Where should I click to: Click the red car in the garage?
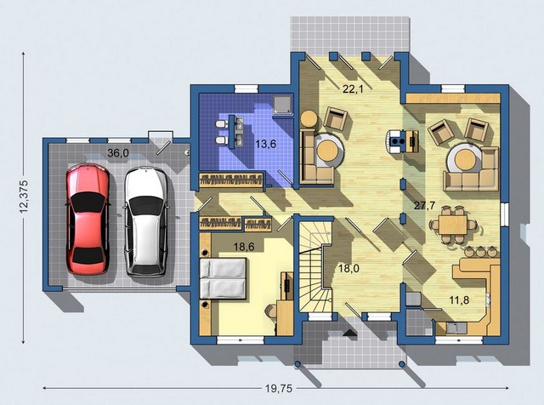(88, 220)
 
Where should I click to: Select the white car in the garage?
(145, 221)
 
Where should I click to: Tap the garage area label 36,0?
(118, 152)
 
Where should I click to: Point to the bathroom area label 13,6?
(266, 144)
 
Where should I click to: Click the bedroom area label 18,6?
(244, 247)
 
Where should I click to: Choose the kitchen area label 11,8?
(459, 299)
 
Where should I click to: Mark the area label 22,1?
(353, 89)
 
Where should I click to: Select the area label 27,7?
(425, 205)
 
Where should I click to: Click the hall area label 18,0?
(348, 269)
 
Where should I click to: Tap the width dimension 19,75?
(280, 389)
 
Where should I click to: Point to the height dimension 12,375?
(23, 197)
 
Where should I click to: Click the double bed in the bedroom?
(224, 278)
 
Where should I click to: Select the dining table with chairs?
(453, 225)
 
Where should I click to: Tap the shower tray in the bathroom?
(282, 105)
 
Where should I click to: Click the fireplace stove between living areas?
(401, 141)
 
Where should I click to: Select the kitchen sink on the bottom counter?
(456, 328)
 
